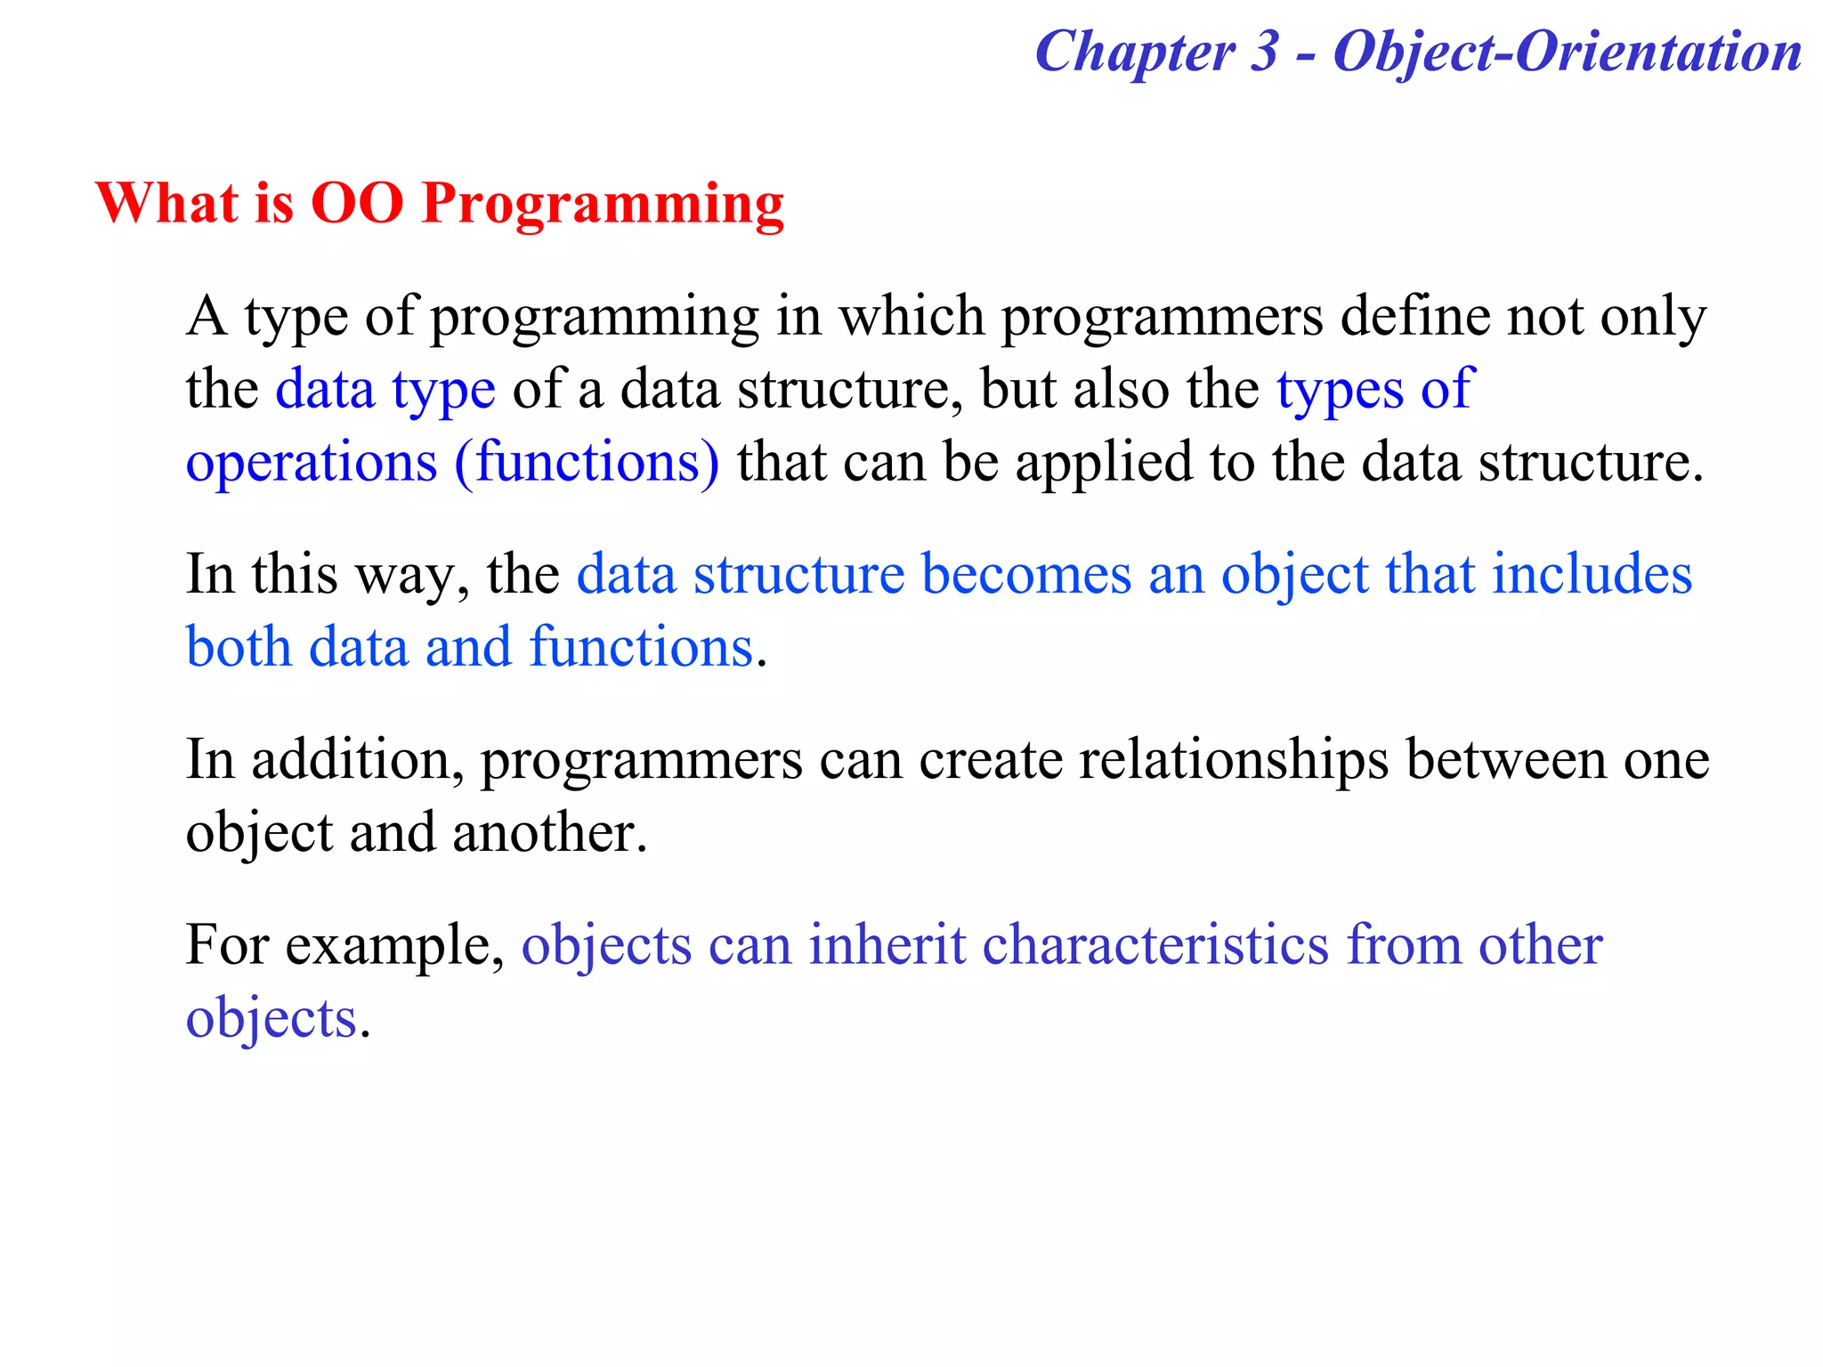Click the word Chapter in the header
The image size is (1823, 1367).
coord(1135,52)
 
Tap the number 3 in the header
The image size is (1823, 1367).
coord(1264,52)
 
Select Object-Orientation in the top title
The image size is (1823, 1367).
coord(1567,52)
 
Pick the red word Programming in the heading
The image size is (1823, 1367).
coord(603,205)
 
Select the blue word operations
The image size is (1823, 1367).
coord(311,464)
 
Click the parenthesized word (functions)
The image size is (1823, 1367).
coord(587,462)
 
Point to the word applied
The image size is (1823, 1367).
coord(1103,464)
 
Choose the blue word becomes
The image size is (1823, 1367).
coord(1025,574)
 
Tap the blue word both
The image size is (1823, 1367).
coord(239,647)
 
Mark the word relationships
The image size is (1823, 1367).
coord(1234,761)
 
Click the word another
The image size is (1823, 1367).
coord(548,834)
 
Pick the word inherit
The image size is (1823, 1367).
coord(887,945)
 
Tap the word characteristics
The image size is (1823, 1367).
coord(1155,945)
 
